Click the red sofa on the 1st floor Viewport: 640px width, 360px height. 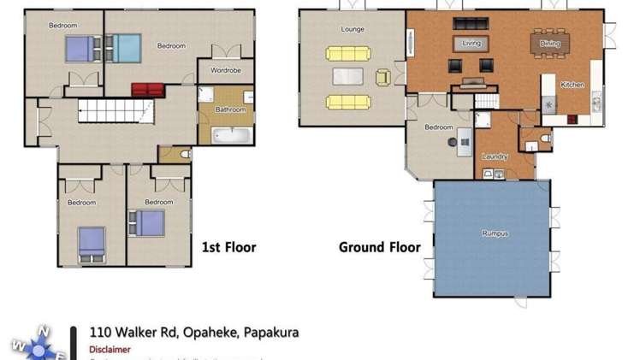coord(148,89)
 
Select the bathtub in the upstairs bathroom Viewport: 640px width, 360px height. coord(232,134)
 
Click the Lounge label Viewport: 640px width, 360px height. coord(353,30)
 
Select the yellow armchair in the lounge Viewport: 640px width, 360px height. coord(382,78)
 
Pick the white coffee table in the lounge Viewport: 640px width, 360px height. coord(348,78)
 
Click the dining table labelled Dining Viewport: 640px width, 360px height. coord(548,44)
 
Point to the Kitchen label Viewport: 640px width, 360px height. coord(572,85)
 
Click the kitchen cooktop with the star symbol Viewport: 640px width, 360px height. coord(549,103)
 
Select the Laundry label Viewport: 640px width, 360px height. coord(495,156)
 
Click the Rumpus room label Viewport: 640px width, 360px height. coord(494,233)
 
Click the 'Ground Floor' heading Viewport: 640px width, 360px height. coord(379,247)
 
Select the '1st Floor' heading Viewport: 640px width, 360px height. coord(228,247)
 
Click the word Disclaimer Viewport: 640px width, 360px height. coord(110,349)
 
